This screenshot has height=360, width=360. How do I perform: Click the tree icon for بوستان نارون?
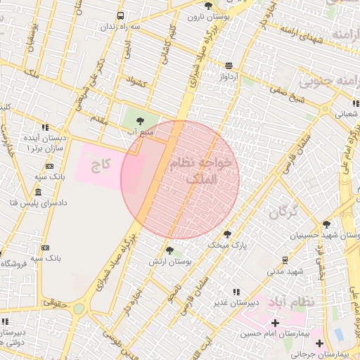click(x=208, y=5)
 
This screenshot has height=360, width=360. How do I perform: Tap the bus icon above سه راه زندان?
click(x=121, y=15)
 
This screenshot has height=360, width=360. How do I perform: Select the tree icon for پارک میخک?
click(x=227, y=233)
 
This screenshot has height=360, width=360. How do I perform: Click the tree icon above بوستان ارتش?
click(x=169, y=250)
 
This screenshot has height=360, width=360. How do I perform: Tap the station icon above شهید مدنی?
click(x=284, y=259)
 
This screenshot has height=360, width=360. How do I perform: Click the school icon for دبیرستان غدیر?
click(x=236, y=292)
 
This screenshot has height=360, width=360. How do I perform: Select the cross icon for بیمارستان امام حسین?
click(x=275, y=323)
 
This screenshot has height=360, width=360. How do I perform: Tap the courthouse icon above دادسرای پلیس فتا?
click(x=37, y=192)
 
